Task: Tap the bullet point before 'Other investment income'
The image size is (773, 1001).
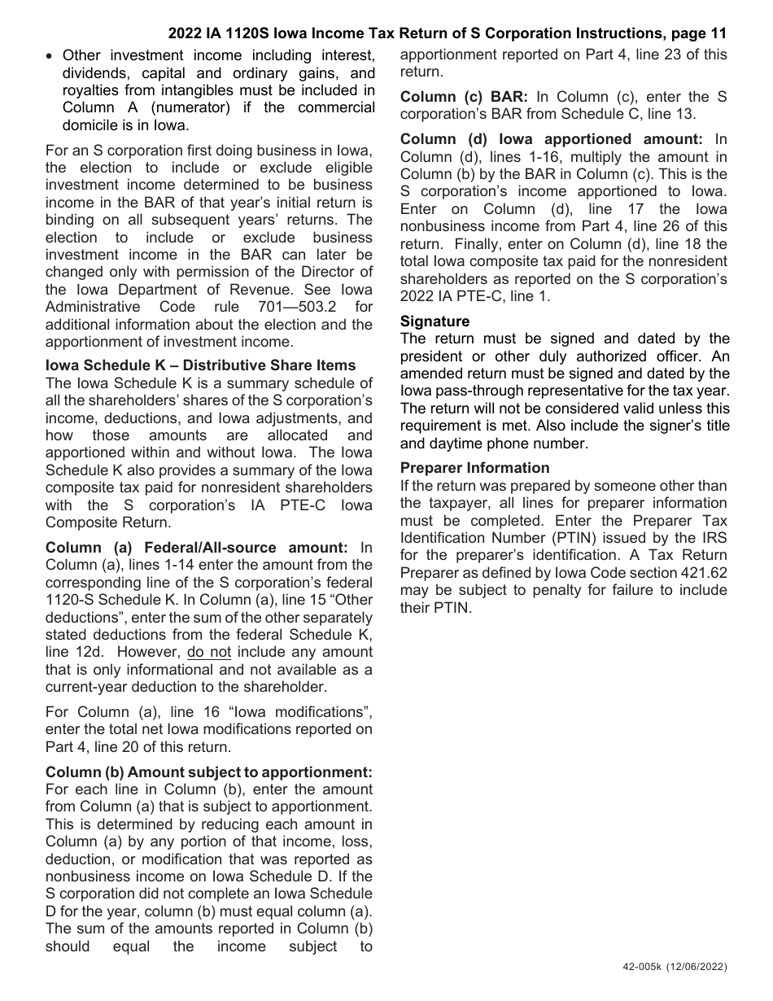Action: click(x=50, y=56)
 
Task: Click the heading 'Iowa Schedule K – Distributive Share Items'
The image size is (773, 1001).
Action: click(x=201, y=365)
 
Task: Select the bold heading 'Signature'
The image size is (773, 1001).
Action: click(x=435, y=321)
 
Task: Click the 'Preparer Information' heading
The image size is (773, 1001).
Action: click(x=474, y=468)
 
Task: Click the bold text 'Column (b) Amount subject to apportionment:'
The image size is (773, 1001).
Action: click(x=209, y=772)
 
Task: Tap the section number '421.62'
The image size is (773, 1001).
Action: click(x=701, y=572)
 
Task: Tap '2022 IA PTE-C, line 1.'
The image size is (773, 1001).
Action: click(x=475, y=296)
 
